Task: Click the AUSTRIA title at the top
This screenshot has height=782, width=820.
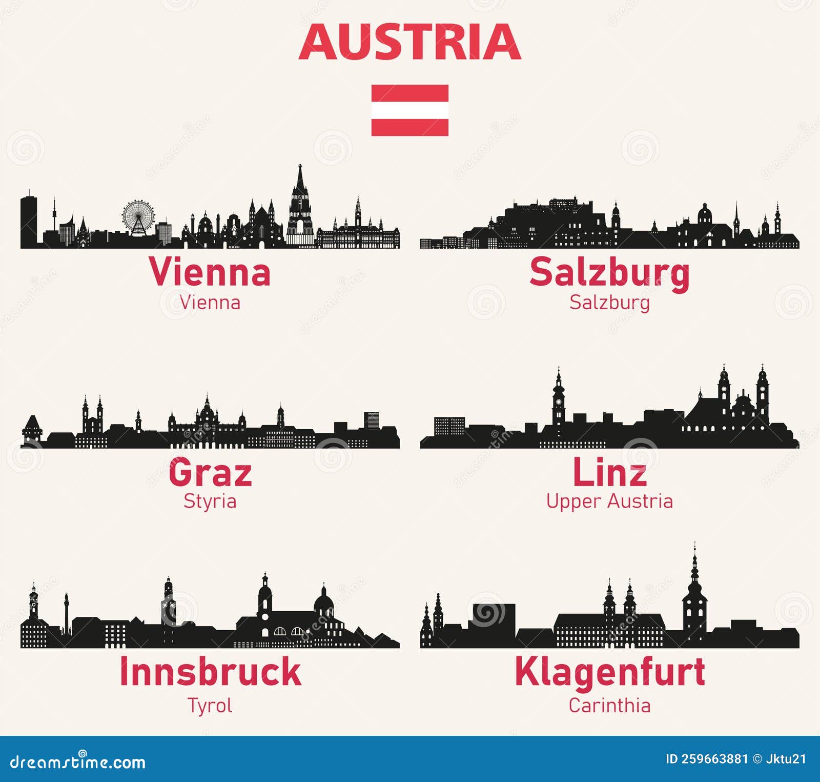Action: pos(410,42)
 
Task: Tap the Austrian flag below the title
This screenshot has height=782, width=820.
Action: pos(410,110)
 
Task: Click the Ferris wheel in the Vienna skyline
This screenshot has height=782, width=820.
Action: pos(138,217)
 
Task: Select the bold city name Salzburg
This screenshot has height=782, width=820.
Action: pos(609,273)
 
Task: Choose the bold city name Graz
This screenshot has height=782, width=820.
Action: pos(210,472)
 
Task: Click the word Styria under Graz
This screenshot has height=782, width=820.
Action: pos(210,501)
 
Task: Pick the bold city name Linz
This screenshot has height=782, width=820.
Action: pos(609,472)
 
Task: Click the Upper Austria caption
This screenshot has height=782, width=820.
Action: pos(609,501)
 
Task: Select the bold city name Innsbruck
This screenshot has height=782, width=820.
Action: pos(210,672)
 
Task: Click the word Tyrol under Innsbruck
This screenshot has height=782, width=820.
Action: pos(210,706)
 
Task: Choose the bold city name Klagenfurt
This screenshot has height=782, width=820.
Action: pos(609,672)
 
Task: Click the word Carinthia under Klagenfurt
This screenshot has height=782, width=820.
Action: pos(609,706)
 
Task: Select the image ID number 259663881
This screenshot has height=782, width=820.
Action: pos(714,759)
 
